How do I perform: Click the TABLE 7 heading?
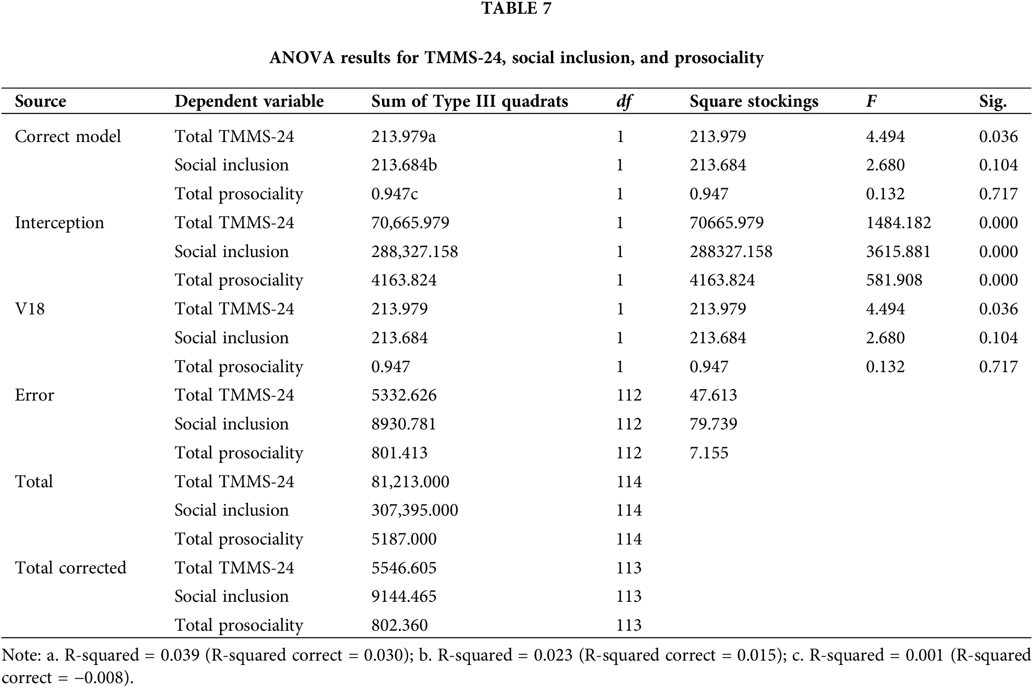coord(516,8)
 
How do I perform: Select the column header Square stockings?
coord(754,101)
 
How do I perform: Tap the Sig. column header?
coord(993,101)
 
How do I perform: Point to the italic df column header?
coord(624,101)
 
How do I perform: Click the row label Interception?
coord(59,223)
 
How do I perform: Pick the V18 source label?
coord(30,309)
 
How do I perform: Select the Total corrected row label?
coord(71,568)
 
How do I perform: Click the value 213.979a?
coord(403,136)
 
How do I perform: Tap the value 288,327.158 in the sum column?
coord(414,252)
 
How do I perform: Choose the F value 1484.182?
coord(898,223)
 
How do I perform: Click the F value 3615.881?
coord(898,252)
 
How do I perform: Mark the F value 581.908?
coord(893,280)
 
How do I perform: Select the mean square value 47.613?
coord(713,395)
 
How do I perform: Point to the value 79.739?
coord(713,424)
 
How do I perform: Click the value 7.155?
coord(709,452)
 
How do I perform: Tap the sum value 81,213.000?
coord(410,482)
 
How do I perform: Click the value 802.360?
coord(399,625)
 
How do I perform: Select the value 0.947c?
coord(394,194)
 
